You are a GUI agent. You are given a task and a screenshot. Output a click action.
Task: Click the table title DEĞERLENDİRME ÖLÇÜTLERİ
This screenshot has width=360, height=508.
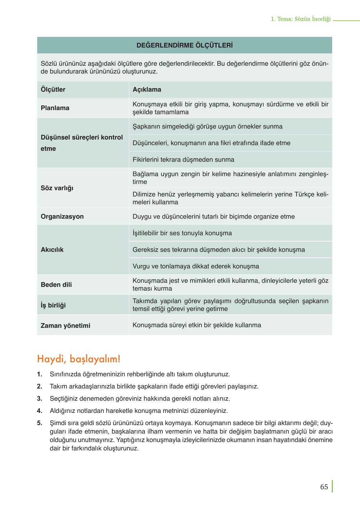185,45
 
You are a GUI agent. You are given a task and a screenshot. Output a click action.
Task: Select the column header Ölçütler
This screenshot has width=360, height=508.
53,89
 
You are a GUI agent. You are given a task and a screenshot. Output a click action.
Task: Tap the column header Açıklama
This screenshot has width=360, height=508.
147,89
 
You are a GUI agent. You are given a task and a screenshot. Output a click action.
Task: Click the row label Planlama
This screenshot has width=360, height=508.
55,108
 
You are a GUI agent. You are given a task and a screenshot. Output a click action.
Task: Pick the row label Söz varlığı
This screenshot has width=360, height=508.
57,188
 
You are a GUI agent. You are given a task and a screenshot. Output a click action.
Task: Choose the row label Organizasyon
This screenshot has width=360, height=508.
62,216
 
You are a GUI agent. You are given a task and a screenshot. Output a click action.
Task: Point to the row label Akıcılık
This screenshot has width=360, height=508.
52,250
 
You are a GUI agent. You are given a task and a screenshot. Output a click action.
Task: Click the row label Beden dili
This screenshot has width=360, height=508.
56,285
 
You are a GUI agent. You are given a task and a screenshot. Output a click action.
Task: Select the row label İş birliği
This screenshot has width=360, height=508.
53,305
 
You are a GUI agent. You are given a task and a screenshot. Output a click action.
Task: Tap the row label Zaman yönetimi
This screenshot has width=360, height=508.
65,326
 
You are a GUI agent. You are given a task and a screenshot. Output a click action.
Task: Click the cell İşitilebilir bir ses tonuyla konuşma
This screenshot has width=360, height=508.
182,233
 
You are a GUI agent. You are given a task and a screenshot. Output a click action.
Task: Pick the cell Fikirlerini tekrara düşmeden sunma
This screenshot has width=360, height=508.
183,160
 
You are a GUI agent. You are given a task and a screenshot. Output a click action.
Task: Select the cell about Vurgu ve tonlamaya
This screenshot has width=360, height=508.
196,266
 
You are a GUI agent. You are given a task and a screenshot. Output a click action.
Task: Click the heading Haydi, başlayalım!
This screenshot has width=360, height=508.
79,359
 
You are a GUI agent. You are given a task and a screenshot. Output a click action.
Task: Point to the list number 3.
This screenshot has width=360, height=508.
39,399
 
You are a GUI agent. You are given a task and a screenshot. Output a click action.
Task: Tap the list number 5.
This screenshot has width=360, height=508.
39,423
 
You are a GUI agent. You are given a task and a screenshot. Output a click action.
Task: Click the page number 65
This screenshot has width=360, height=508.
324,487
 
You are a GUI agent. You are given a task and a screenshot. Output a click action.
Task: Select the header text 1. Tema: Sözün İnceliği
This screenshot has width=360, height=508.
301,19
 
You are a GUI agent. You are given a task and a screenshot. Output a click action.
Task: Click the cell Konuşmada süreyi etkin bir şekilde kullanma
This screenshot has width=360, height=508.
197,325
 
